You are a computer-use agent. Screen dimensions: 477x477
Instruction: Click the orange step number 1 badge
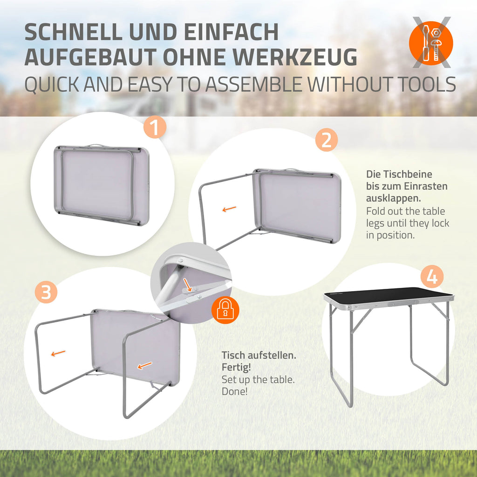click(x=155, y=127)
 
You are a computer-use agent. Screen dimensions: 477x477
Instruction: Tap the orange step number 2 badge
click(x=327, y=140)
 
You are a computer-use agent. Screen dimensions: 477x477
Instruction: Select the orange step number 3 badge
click(x=46, y=292)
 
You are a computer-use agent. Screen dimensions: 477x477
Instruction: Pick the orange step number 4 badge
click(x=432, y=277)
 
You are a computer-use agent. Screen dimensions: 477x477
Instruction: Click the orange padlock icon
click(x=225, y=310)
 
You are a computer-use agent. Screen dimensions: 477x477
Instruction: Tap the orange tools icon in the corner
click(x=431, y=43)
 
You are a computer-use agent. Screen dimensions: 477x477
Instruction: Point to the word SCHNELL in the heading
click(x=73, y=32)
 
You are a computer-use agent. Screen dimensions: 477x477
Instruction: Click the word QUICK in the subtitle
click(x=52, y=85)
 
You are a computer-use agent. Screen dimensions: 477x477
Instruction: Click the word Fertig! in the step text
click(x=236, y=368)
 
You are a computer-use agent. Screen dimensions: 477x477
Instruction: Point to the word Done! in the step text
click(x=235, y=391)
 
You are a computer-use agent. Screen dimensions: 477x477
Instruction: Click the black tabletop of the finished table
click(x=388, y=294)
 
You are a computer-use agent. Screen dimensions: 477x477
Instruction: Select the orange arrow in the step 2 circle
click(x=229, y=209)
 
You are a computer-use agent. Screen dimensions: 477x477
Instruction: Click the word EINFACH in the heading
click(x=232, y=32)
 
